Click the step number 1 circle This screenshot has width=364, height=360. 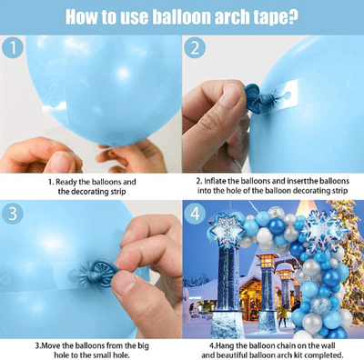pyautogui.click(x=13, y=48)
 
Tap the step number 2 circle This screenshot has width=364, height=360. pyautogui.click(x=195, y=48)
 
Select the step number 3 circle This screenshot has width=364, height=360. pyautogui.click(x=13, y=214)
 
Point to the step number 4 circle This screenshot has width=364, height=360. pyautogui.click(x=195, y=214)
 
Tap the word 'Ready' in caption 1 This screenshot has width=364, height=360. pyautogui.click(x=66, y=183)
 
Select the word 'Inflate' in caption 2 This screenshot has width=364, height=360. pyautogui.click(x=215, y=181)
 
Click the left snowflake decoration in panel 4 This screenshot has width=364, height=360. pyautogui.click(x=226, y=228)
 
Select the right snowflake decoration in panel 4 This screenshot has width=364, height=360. pyautogui.click(x=324, y=229)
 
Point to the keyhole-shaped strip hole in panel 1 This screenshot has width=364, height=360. pyautogui.click(x=55, y=95)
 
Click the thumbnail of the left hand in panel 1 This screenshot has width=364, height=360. pyautogui.click(x=61, y=161)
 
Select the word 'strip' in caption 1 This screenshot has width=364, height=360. pyautogui.click(x=117, y=192)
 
